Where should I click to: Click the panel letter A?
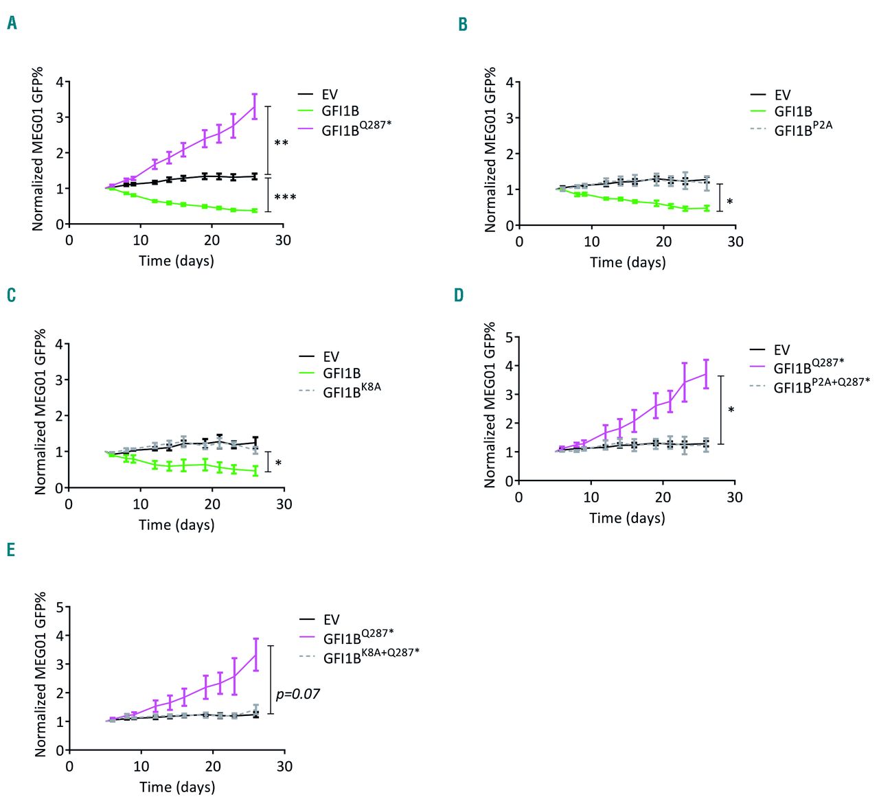tap(12, 23)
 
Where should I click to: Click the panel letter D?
tap(459, 295)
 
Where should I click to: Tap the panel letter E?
tap(11, 550)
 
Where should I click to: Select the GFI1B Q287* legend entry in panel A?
tap(355, 128)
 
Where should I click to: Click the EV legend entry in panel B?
tap(781, 95)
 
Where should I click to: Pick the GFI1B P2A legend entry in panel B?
tap(802, 128)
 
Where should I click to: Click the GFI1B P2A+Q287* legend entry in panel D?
tap(820, 386)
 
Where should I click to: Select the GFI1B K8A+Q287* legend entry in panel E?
tap(370, 656)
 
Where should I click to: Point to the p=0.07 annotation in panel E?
tap(298, 694)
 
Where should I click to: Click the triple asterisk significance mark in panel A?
tap(285, 198)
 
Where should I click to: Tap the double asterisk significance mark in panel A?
tap(281, 143)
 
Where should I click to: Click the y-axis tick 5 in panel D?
tap(509, 337)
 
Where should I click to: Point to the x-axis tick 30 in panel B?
tap(735, 242)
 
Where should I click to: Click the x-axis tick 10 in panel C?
tap(141, 505)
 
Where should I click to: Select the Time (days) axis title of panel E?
tap(177, 787)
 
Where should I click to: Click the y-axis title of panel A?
tap(37, 149)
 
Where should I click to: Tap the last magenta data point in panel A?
tap(255, 106)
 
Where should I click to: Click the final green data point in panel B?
tap(707, 208)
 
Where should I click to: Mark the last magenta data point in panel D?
tap(706, 373)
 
